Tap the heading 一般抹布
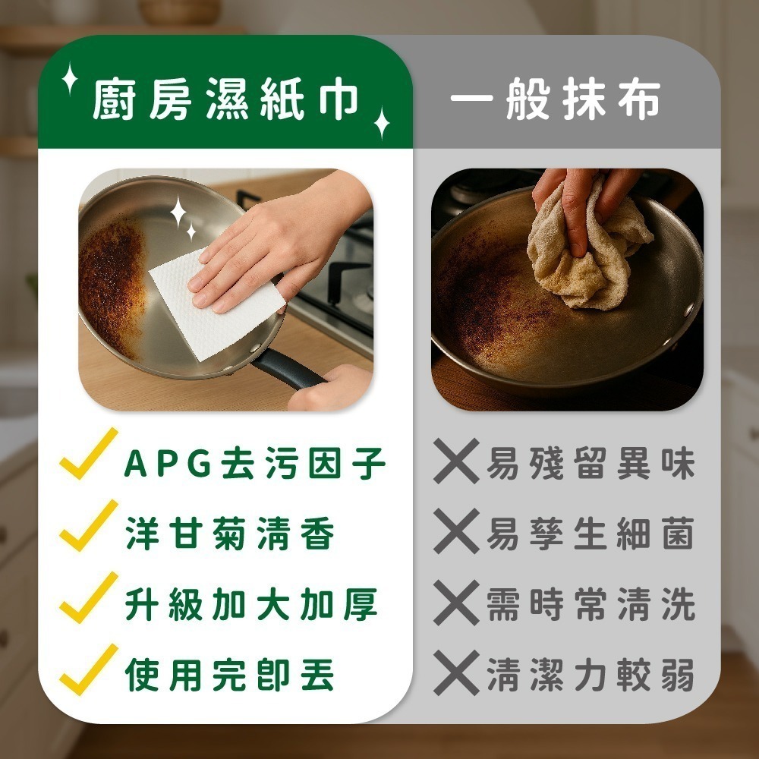[x=555, y=101]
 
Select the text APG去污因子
[x=255, y=465]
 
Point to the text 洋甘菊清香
[x=229, y=536]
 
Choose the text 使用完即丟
[x=229, y=676]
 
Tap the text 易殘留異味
[x=591, y=465]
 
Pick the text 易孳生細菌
[x=591, y=536]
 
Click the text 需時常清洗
[x=591, y=606]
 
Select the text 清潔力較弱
[x=591, y=676]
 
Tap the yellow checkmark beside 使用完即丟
[x=89, y=670]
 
